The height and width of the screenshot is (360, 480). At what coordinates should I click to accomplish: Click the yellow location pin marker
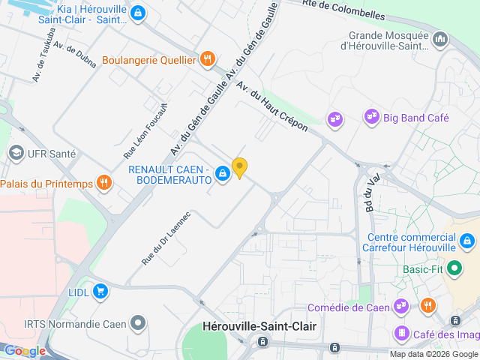(239, 167)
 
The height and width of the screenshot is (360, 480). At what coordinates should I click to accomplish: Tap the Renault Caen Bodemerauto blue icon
(223, 175)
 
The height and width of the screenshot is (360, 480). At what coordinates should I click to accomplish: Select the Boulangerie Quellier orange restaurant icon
(208, 59)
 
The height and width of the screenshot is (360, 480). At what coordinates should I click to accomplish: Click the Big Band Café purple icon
(371, 117)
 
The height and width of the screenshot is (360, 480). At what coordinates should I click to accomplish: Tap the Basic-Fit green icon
(454, 268)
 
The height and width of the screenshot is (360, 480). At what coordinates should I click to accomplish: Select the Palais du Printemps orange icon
(106, 183)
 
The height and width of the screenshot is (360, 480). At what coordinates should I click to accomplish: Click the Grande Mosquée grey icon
(439, 38)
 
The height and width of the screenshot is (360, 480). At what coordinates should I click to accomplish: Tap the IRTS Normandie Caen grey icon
(137, 324)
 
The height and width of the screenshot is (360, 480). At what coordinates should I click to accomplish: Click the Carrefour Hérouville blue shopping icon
(467, 241)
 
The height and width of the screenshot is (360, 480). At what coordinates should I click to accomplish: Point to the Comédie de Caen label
(349, 307)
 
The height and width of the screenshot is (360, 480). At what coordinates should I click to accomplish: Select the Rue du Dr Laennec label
(166, 238)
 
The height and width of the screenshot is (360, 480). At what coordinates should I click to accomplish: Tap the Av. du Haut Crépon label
(272, 106)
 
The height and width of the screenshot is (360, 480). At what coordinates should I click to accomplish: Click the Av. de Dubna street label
(75, 55)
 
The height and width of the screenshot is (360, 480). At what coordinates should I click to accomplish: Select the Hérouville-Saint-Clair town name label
(260, 326)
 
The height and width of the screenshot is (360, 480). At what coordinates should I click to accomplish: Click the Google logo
(25, 350)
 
